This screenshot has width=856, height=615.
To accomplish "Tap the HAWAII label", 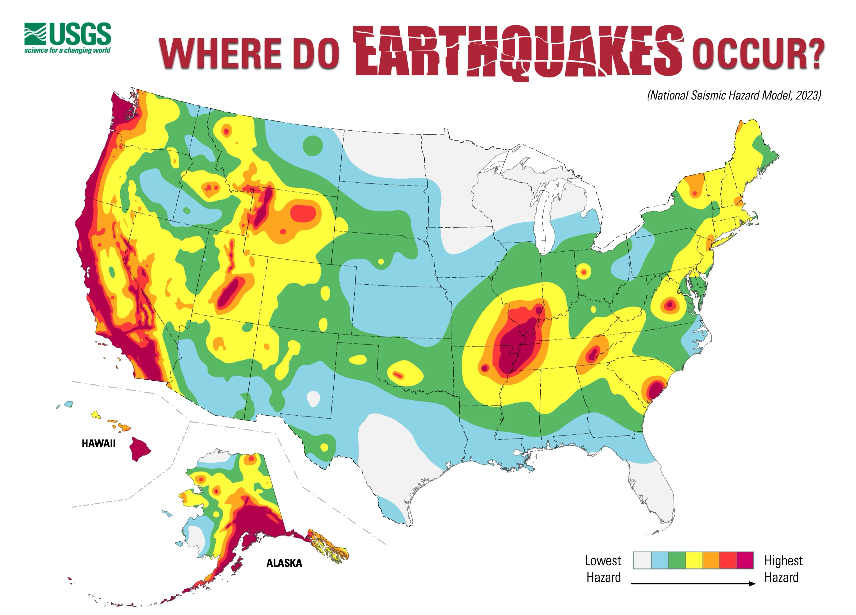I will click(x=99, y=443).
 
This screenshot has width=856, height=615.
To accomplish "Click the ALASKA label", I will click(x=284, y=563).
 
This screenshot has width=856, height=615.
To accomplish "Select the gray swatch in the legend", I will click(x=642, y=560).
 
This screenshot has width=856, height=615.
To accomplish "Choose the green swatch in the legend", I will click(x=677, y=560).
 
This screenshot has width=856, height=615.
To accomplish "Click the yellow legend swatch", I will click(x=694, y=560).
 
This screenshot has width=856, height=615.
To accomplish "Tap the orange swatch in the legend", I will click(x=711, y=560).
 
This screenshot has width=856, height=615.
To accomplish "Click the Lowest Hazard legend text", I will click(x=603, y=569).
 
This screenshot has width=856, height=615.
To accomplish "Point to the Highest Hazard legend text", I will click(x=783, y=569).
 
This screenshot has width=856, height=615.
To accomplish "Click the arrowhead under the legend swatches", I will click(x=752, y=584).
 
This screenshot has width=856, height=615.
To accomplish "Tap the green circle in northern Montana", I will click(x=313, y=145).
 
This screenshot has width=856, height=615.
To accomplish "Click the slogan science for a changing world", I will click(x=67, y=50).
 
